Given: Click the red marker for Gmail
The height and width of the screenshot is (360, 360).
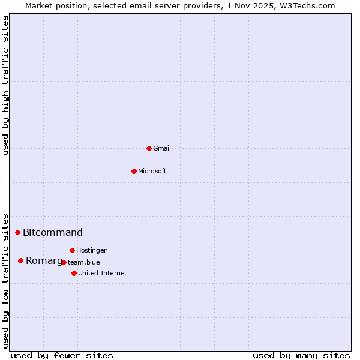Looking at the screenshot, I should (149, 148).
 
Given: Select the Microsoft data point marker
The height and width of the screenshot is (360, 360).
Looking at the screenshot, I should (134, 171).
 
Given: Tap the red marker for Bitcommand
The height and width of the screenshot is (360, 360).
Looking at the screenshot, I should (17, 232).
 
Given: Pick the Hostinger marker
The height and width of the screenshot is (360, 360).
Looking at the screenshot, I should (72, 250).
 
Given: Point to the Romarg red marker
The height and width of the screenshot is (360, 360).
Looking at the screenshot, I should (20, 260).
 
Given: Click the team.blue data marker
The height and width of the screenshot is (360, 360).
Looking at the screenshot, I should (64, 262).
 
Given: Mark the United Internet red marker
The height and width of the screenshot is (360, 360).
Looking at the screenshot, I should (74, 273).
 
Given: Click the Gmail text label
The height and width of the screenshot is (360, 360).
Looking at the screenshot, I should (162, 148).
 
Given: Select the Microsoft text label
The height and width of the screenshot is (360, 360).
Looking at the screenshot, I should (152, 171).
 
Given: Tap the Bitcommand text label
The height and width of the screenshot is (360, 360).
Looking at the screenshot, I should (53, 233).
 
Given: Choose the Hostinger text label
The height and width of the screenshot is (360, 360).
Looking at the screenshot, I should (92, 250).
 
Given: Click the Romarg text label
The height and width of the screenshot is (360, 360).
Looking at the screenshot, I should (44, 260).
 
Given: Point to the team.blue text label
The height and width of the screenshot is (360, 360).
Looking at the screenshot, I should (84, 262).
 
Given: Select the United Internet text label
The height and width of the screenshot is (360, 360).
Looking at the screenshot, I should (103, 273).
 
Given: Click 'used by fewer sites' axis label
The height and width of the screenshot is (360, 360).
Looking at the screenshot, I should (62, 355).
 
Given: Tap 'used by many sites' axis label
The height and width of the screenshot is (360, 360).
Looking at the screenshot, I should (301, 355).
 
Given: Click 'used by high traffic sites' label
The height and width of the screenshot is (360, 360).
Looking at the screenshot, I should (6, 85).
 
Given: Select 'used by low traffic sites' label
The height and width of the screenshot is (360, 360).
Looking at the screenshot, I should (6, 281).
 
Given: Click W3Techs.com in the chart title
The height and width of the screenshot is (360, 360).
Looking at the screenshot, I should (309, 5).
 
